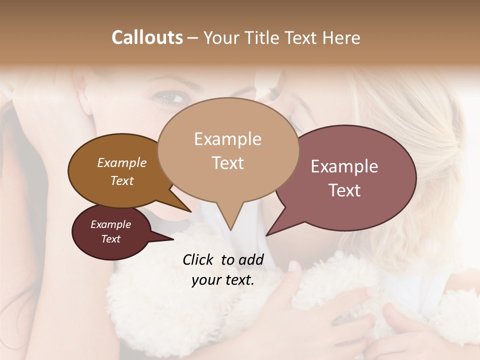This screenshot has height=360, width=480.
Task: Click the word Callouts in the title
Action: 147,37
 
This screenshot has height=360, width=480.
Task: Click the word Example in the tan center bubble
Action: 227,139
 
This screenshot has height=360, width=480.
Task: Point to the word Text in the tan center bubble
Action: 227,162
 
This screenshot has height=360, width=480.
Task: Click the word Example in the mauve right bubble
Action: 344,166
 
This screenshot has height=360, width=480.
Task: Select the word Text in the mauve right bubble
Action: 344,190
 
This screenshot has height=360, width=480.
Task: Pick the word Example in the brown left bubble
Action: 121,162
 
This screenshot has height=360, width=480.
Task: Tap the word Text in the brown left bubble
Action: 121,180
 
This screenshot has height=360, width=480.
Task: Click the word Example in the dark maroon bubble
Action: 110,224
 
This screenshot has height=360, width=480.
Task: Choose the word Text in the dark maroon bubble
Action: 110,239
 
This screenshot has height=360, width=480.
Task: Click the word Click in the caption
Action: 198,259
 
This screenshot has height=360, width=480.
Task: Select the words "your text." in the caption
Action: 222,280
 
